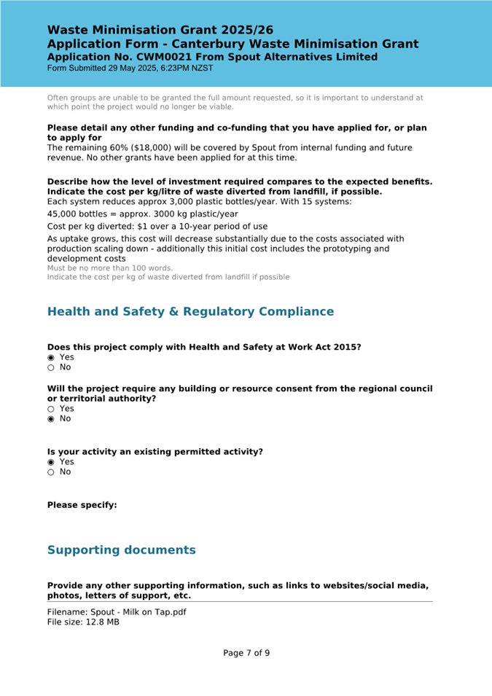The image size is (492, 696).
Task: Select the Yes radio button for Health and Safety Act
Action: pos(51,358)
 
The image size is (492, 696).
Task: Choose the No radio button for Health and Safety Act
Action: pos(51,368)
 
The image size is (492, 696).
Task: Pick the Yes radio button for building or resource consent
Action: pos(51,409)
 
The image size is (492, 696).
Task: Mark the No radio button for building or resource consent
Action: pos(51,419)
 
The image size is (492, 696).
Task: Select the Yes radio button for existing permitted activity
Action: pos(51,462)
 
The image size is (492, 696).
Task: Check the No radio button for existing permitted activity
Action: pos(51,472)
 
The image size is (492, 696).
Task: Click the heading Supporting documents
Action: pos(121,550)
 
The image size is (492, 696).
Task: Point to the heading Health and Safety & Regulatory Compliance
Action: pos(190,312)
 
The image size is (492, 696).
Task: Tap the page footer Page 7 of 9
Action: pos(246,653)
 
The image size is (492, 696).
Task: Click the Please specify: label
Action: pos(82,505)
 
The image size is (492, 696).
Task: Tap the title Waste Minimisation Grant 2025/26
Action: pos(160,30)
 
